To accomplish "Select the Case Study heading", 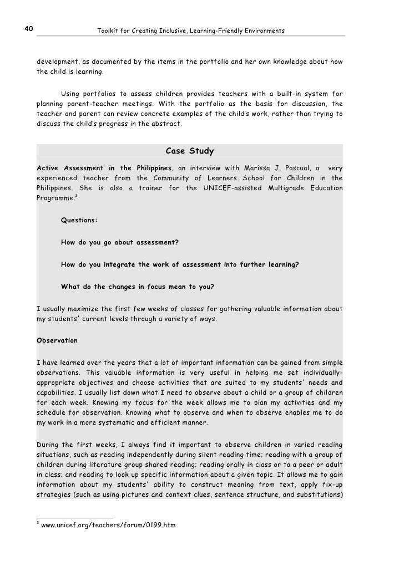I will (190, 151).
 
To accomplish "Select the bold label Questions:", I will (79, 220).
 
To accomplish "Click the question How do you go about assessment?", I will (120, 242).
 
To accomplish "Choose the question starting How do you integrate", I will (180, 264).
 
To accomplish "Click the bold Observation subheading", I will (57, 340).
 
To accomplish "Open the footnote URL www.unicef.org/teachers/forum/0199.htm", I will (108, 524).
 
